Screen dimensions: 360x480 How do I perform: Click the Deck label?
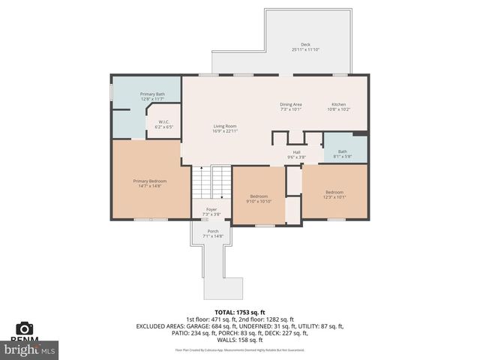click(x=305, y=45)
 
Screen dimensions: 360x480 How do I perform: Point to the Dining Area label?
click(x=290, y=104)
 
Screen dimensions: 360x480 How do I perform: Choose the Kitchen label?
click(x=339, y=104)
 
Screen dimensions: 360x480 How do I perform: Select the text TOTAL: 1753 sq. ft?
click(x=239, y=311)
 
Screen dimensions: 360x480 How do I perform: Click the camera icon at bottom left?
click(x=25, y=328)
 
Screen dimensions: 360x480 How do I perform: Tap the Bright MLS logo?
click(x=30, y=349)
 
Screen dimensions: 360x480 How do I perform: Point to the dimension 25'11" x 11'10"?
click(x=305, y=49)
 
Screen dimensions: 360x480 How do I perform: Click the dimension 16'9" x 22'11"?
click(x=225, y=132)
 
